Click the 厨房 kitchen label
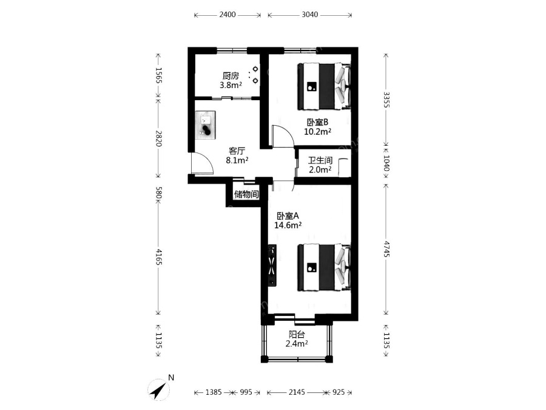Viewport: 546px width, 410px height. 231,76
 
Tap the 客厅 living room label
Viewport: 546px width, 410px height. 237,151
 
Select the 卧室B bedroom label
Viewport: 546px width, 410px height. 317,122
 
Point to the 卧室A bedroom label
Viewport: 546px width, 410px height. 288,216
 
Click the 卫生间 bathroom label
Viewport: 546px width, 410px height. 320,160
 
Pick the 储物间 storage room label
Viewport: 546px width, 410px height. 246,194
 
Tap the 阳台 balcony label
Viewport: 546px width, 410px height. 297,335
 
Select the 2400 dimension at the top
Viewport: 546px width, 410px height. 227,15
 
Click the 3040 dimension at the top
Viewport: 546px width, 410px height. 309,15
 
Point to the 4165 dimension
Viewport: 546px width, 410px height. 158,256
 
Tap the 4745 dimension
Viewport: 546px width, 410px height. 386,249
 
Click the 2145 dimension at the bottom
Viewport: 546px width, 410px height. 297,392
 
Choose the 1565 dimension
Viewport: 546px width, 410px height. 158,76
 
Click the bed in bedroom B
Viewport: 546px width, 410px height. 324,86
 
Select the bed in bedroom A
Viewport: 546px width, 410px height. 324,267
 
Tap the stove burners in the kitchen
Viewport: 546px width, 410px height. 255,75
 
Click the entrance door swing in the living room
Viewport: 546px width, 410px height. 202,163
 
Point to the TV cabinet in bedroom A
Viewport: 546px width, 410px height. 272,265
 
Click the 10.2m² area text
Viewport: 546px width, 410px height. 317,132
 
